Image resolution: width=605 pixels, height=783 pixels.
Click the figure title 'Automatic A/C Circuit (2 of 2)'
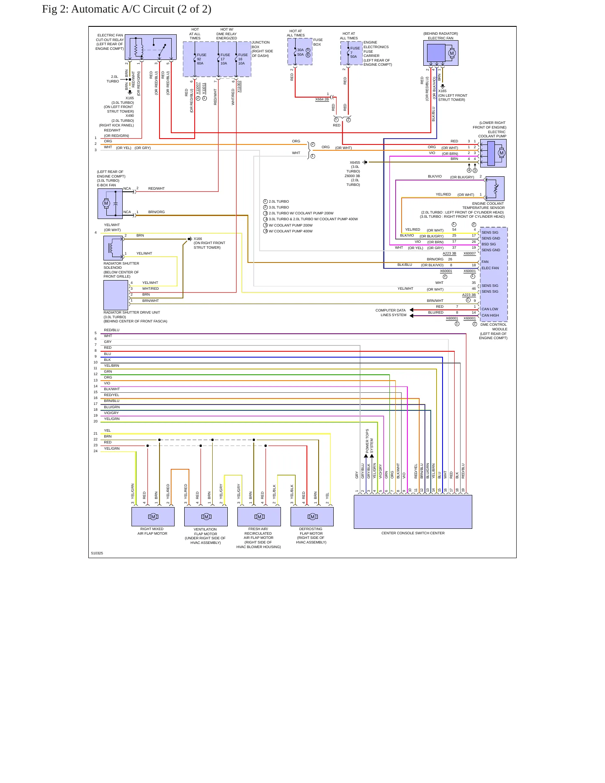click(141, 9)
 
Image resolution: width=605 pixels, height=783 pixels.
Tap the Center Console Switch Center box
click(413, 512)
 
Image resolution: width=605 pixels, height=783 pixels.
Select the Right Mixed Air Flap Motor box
click(153, 517)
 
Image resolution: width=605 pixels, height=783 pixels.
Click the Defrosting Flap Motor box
click(312, 517)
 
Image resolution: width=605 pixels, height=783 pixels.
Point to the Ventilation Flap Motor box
click(206, 517)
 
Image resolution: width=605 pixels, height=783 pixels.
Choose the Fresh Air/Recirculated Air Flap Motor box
click(259, 517)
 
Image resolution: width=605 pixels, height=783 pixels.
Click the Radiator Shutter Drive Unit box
click(116, 295)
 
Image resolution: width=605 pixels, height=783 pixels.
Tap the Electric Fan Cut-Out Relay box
click(151, 47)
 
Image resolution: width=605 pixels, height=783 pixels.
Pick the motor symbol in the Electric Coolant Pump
click(502, 153)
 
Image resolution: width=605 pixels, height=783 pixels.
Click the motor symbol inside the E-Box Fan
click(106, 203)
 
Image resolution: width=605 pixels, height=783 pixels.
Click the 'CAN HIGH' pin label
click(490, 315)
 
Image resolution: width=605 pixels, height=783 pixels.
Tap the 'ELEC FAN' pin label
click(490, 268)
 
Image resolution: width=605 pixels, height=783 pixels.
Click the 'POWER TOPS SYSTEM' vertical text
click(369, 441)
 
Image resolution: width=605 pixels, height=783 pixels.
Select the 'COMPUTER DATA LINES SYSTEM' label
click(391, 313)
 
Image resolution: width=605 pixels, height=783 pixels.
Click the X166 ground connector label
click(198, 239)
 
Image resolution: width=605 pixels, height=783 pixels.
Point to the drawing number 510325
click(97, 553)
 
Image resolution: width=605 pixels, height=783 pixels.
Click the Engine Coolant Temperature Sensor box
click(495, 188)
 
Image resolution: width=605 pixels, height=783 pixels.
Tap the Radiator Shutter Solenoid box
click(113, 248)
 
